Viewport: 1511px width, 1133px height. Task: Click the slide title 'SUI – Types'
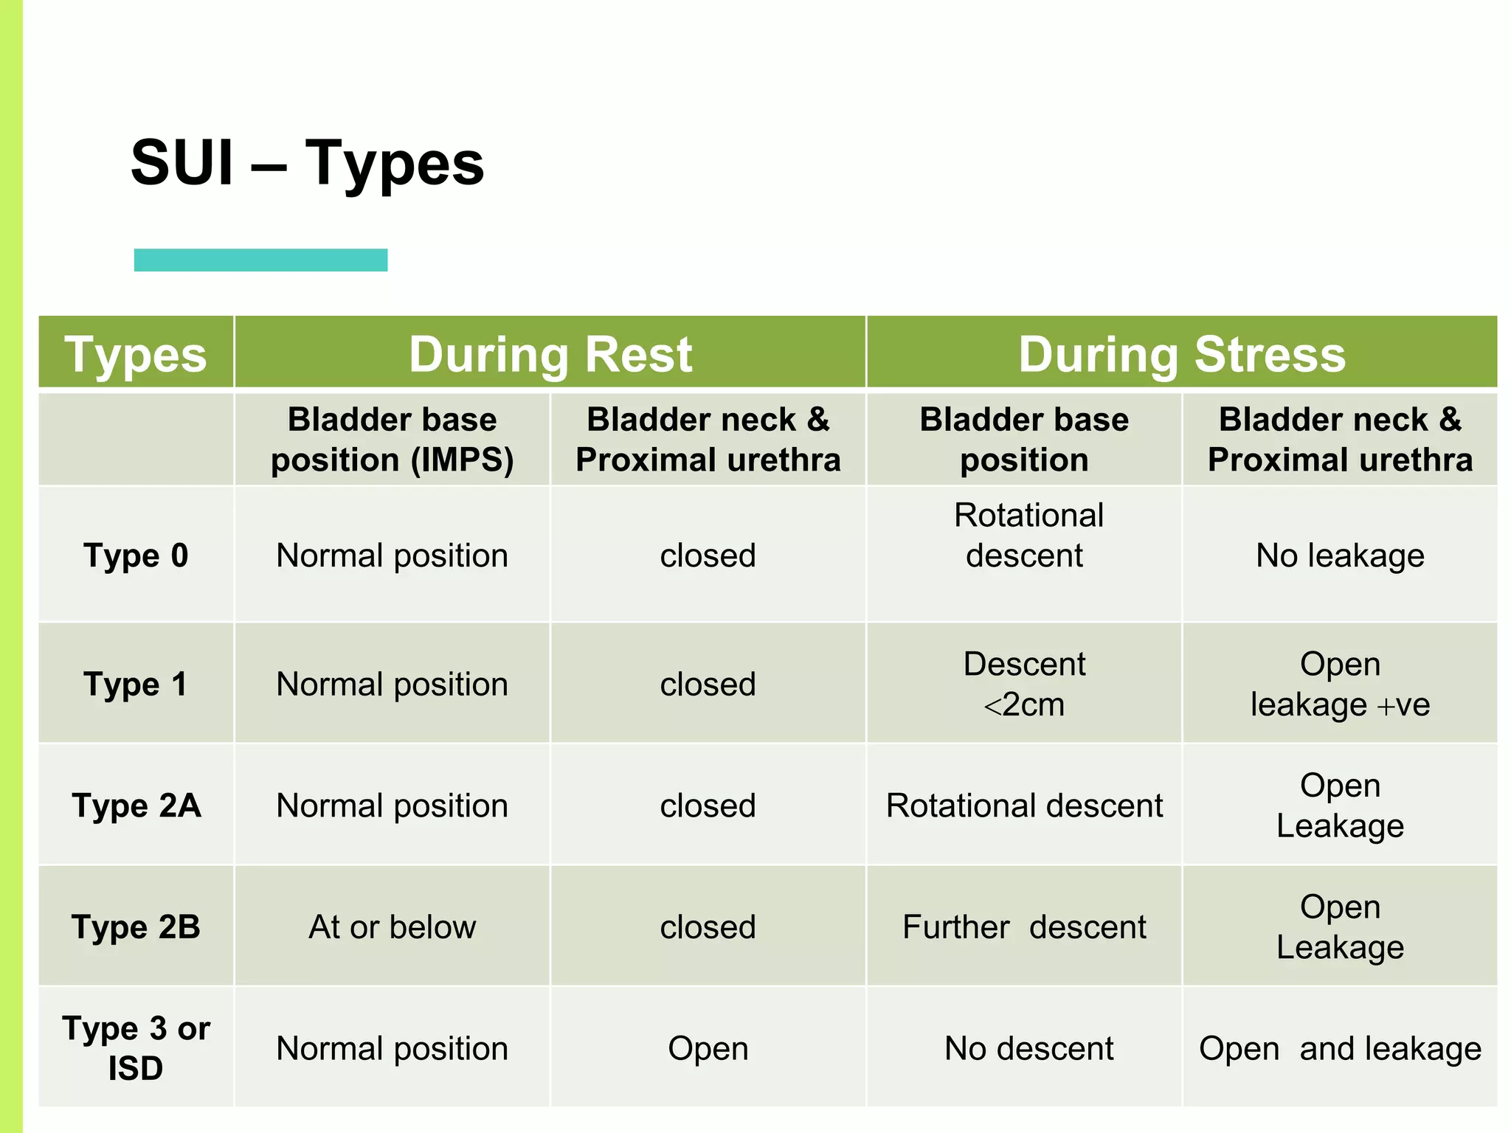click(x=307, y=163)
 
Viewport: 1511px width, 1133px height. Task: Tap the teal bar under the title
click(x=260, y=260)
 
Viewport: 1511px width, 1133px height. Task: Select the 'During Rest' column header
click(x=550, y=354)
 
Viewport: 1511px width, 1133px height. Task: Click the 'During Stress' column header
click(x=1181, y=354)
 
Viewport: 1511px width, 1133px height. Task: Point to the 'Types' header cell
click(x=136, y=354)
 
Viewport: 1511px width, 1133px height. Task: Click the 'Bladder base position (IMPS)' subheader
click(x=392, y=440)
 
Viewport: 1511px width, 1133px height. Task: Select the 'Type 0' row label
click(x=136, y=555)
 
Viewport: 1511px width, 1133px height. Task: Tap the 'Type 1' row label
click(x=136, y=684)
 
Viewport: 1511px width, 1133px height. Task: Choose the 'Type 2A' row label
click(x=136, y=805)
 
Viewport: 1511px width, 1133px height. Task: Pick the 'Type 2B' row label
click(x=136, y=927)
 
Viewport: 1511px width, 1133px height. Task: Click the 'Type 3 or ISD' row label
click(x=136, y=1047)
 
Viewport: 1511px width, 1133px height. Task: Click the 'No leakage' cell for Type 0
click(x=1340, y=555)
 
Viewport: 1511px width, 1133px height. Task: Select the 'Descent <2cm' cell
click(x=1024, y=684)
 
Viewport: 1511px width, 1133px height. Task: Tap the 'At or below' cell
click(x=392, y=927)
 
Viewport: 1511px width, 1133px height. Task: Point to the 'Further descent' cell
click(x=1024, y=927)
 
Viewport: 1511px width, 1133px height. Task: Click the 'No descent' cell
click(x=1028, y=1048)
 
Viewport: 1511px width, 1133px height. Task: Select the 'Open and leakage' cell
click(x=1340, y=1048)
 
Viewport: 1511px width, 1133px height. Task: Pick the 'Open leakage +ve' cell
click(x=1340, y=684)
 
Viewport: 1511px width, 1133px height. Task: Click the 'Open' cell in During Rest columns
click(x=708, y=1048)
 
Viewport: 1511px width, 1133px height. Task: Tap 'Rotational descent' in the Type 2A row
click(x=1024, y=805)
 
